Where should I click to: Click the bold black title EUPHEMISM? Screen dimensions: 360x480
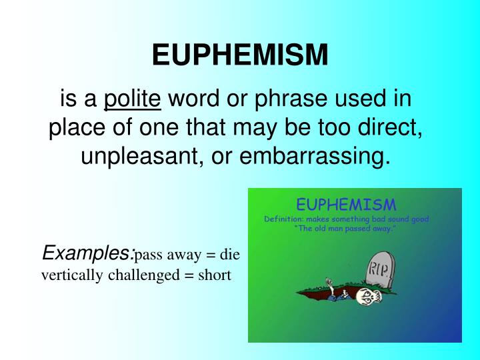(240, 55)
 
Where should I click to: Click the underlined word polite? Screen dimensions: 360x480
(133, 99)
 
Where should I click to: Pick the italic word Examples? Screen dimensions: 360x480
(86, 253)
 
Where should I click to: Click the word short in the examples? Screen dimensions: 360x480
(215, 274)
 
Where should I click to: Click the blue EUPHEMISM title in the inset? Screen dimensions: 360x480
(345, 204)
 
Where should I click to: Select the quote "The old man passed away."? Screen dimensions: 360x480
(345, 229)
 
